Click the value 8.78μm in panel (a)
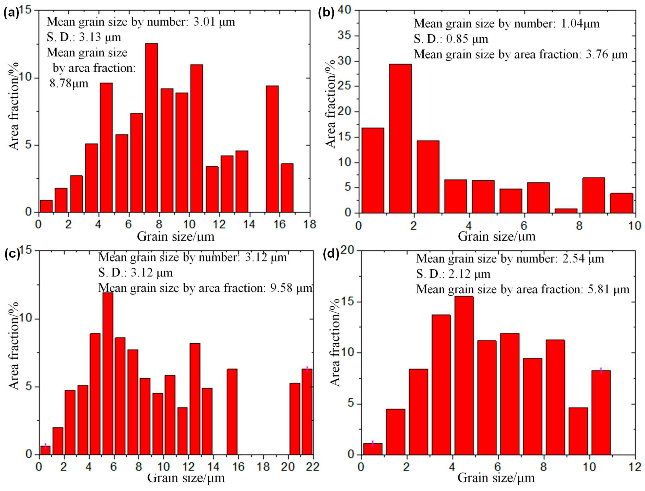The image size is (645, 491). [69, 84]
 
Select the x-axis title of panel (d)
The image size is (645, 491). [496, 478]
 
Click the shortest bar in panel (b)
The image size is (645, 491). [566, 211]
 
